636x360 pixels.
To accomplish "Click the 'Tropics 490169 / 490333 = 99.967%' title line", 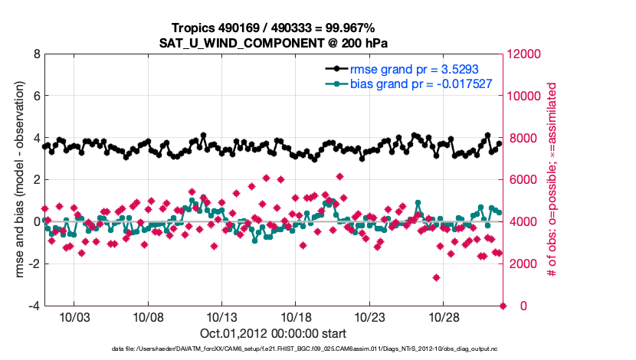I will (274, 28).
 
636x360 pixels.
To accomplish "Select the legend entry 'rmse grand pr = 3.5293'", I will (415, 69).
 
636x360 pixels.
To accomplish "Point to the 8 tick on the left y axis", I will (35, 54).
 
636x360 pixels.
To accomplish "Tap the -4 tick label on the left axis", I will (33, 306).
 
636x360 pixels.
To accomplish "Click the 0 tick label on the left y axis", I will (35, 222).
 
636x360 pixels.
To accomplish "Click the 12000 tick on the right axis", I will (526, 54).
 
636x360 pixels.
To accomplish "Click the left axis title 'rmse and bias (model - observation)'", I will (16, 180).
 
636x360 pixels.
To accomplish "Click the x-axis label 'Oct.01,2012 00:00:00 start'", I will (274, 334).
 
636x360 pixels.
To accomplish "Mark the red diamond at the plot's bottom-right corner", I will (503, 306).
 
